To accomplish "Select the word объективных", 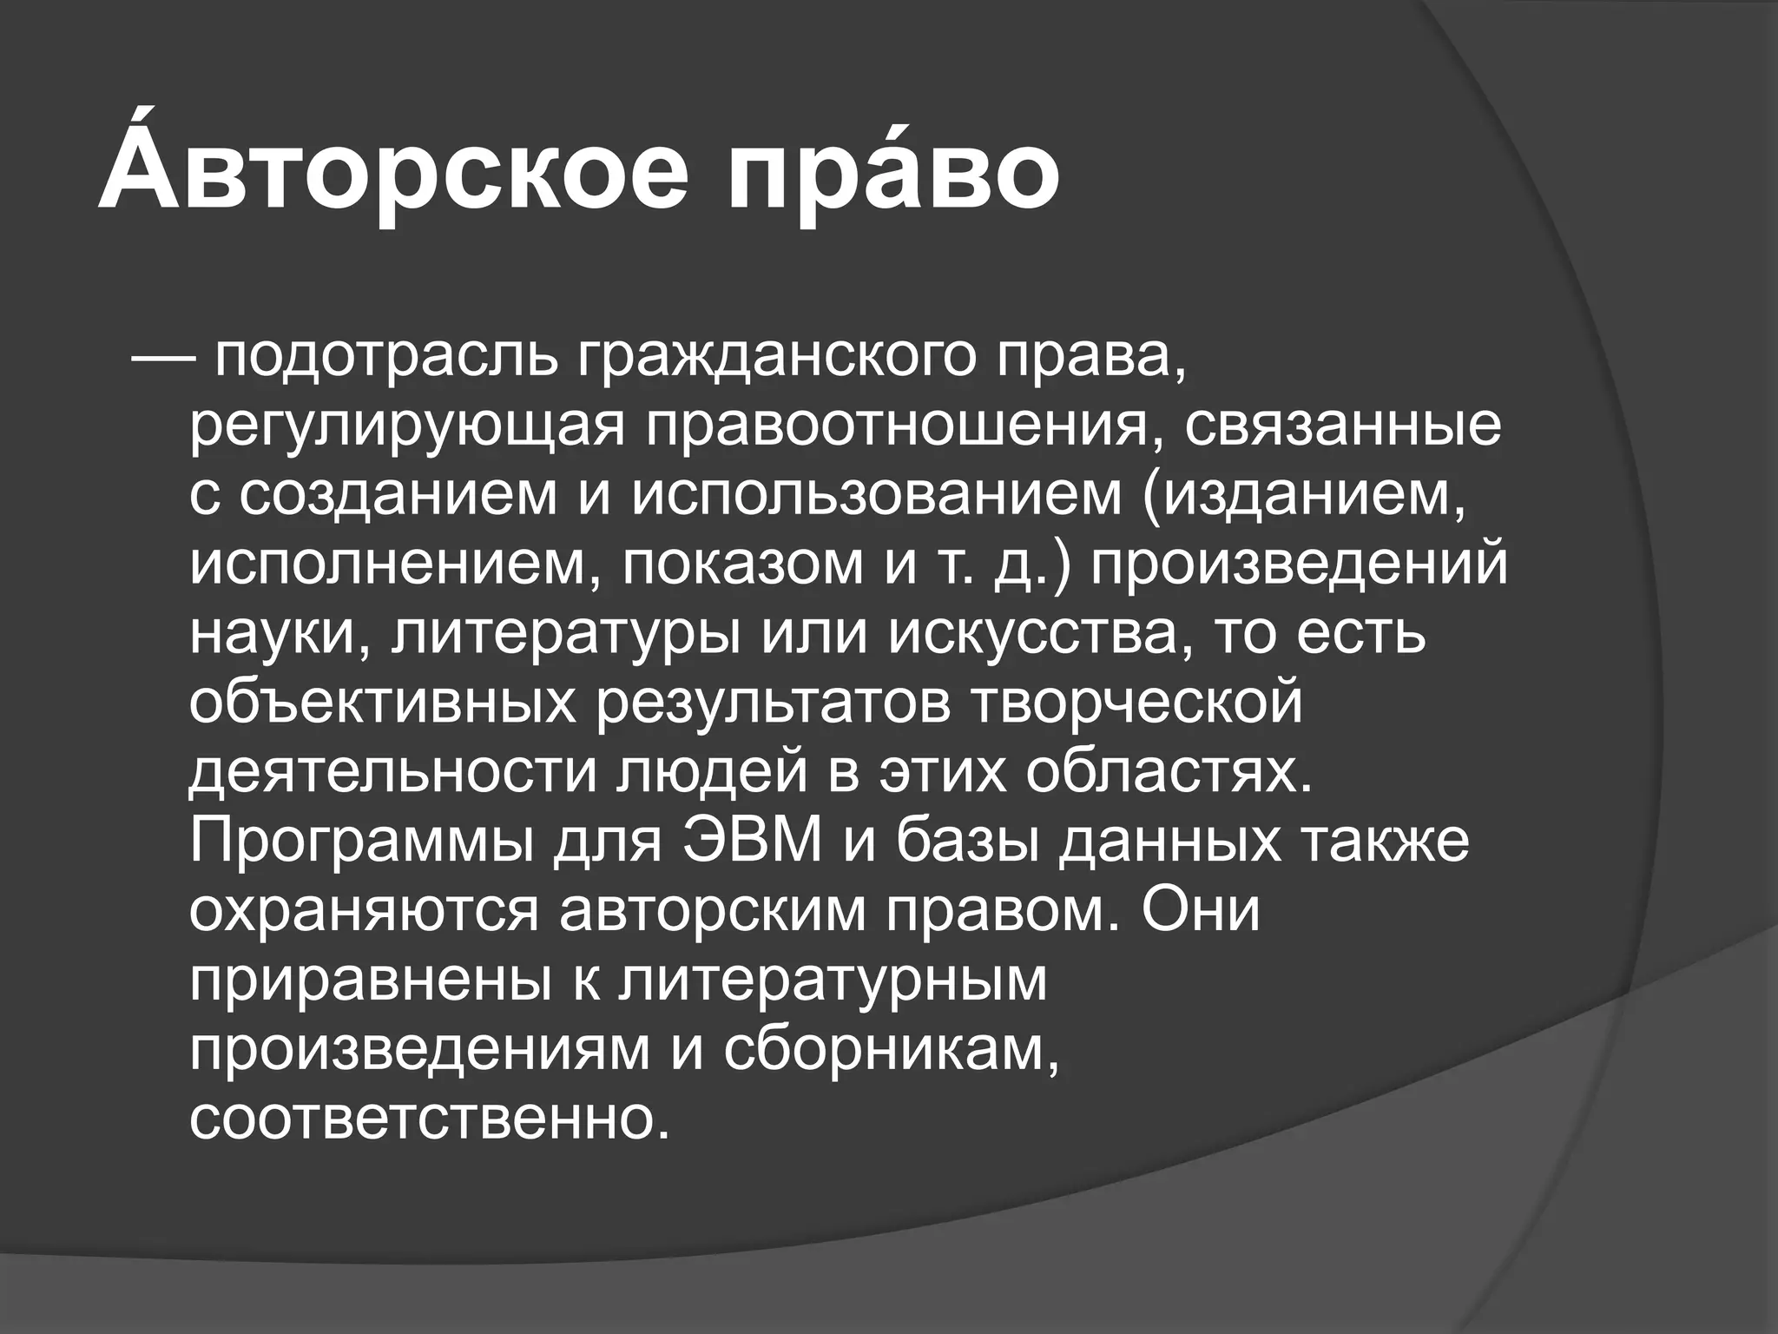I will [383, 703].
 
